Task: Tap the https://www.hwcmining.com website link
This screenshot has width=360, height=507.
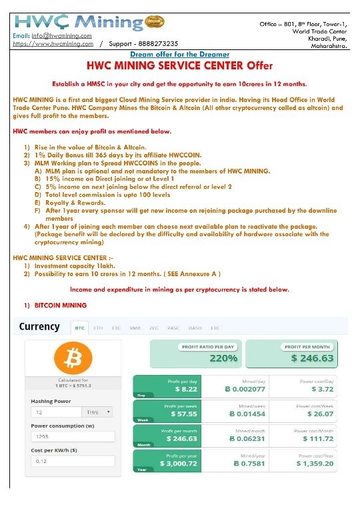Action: tap(53, 43)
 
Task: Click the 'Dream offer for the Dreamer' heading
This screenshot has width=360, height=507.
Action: tap(179, 54)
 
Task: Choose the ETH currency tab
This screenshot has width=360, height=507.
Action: tap(98, 328)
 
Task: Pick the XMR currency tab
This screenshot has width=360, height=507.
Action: tap(135, 328)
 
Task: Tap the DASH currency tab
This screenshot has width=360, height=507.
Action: tap(195, 328)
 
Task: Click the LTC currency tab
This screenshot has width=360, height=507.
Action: tap(215, 328)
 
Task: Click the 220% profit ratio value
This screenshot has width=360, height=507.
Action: tap(224, 358)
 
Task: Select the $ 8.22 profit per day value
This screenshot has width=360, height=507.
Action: tap(185, 388)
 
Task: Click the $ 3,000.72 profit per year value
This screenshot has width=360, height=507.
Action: tap(179, 463)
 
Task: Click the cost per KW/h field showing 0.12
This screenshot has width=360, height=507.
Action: tap(72, 461)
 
